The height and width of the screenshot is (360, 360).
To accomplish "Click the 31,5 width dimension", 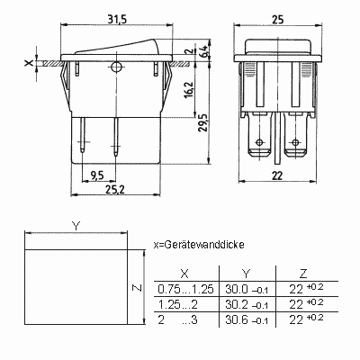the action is tap(117, 19).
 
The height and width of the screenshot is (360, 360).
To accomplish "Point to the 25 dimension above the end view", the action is tap(277, 20).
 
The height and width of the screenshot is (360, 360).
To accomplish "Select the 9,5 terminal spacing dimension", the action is tap(96, 175).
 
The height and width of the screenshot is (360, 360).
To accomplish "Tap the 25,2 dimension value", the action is tap(114, 189).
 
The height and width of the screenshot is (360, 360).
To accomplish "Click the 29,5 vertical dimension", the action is tap(203, 122).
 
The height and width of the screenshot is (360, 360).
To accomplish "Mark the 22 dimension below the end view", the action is tap(277, 175).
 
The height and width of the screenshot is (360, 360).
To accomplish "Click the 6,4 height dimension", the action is tap(203, 50).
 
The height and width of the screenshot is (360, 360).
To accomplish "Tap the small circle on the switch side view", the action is tap(115, 67).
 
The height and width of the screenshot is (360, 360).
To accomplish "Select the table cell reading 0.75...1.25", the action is tap(185, 289).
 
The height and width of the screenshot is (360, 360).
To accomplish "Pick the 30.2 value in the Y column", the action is tap(237, 305).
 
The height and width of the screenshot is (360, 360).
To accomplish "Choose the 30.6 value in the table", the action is tap(237, 320).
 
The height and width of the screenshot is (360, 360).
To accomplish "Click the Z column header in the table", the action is tap(303, 274).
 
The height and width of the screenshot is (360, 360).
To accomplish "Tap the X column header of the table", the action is tap(184, 274).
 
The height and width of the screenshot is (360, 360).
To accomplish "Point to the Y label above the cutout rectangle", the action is tap(76, 226).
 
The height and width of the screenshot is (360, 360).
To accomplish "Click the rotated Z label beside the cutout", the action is tap(137, 288).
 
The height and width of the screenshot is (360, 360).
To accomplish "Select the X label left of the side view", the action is tap(29, 63).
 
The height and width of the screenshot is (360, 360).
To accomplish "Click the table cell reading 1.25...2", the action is tap(178, 305).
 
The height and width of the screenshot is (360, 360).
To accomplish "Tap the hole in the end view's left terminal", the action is tap(260, 142).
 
